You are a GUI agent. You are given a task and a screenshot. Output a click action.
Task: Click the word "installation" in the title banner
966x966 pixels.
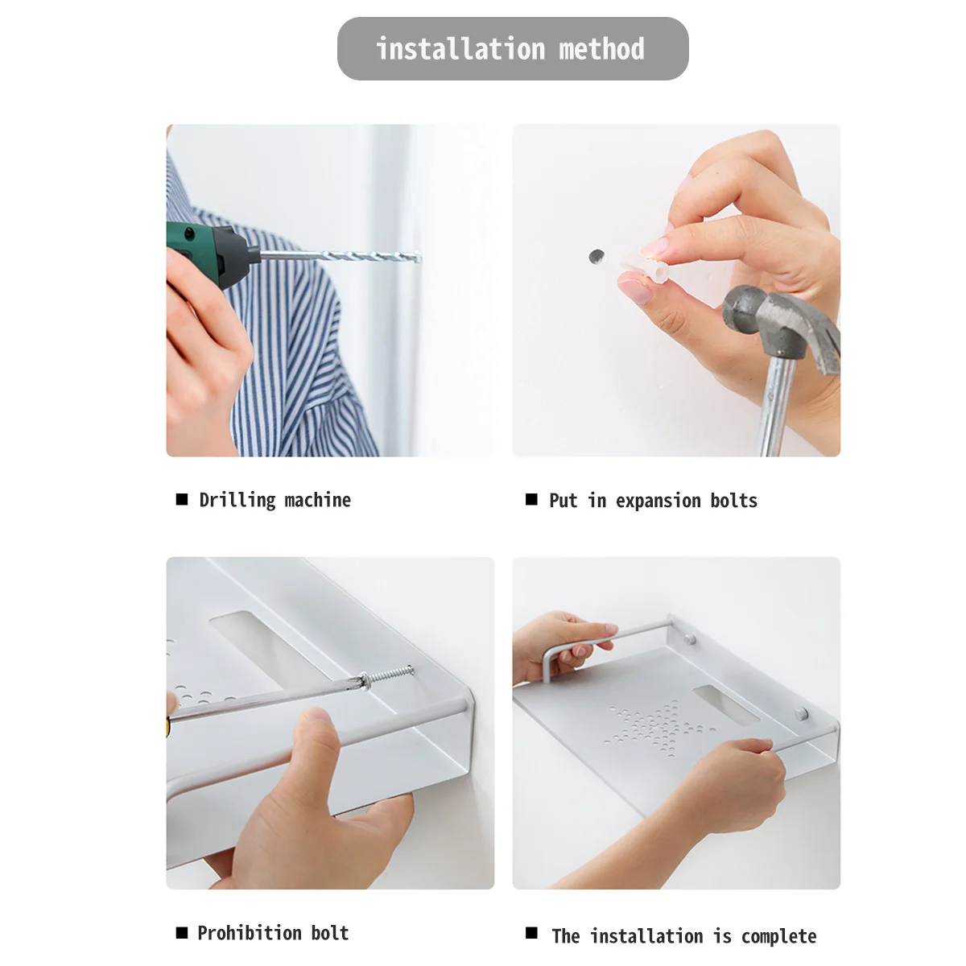[x=460, y=49]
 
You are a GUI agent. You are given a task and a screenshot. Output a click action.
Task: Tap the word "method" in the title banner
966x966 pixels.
[x=601, y=49]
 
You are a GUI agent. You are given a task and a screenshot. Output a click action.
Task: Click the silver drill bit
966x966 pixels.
[x=341, y=256]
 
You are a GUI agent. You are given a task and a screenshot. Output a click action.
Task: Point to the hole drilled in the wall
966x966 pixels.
[x=596, y=256]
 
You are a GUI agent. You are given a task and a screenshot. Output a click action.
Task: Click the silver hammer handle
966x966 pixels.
[x=775, y=406]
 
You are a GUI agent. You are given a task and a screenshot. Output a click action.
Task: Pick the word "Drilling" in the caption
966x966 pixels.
[x=237, y=501]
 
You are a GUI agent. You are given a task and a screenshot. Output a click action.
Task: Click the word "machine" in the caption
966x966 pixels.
[x=318, y=500]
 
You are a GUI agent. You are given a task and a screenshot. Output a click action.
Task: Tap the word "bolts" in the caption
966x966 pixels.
[x=734, y=501]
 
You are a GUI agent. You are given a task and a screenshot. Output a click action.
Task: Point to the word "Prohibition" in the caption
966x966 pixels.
[x=249, y=934]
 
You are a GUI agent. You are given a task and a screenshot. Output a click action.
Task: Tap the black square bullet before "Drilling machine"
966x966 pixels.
[x=182, y=499]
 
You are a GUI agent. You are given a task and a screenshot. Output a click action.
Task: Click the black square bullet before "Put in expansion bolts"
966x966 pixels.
[x=531, y=499]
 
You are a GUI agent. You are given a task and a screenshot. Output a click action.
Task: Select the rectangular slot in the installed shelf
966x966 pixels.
[x=726, y=705]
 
